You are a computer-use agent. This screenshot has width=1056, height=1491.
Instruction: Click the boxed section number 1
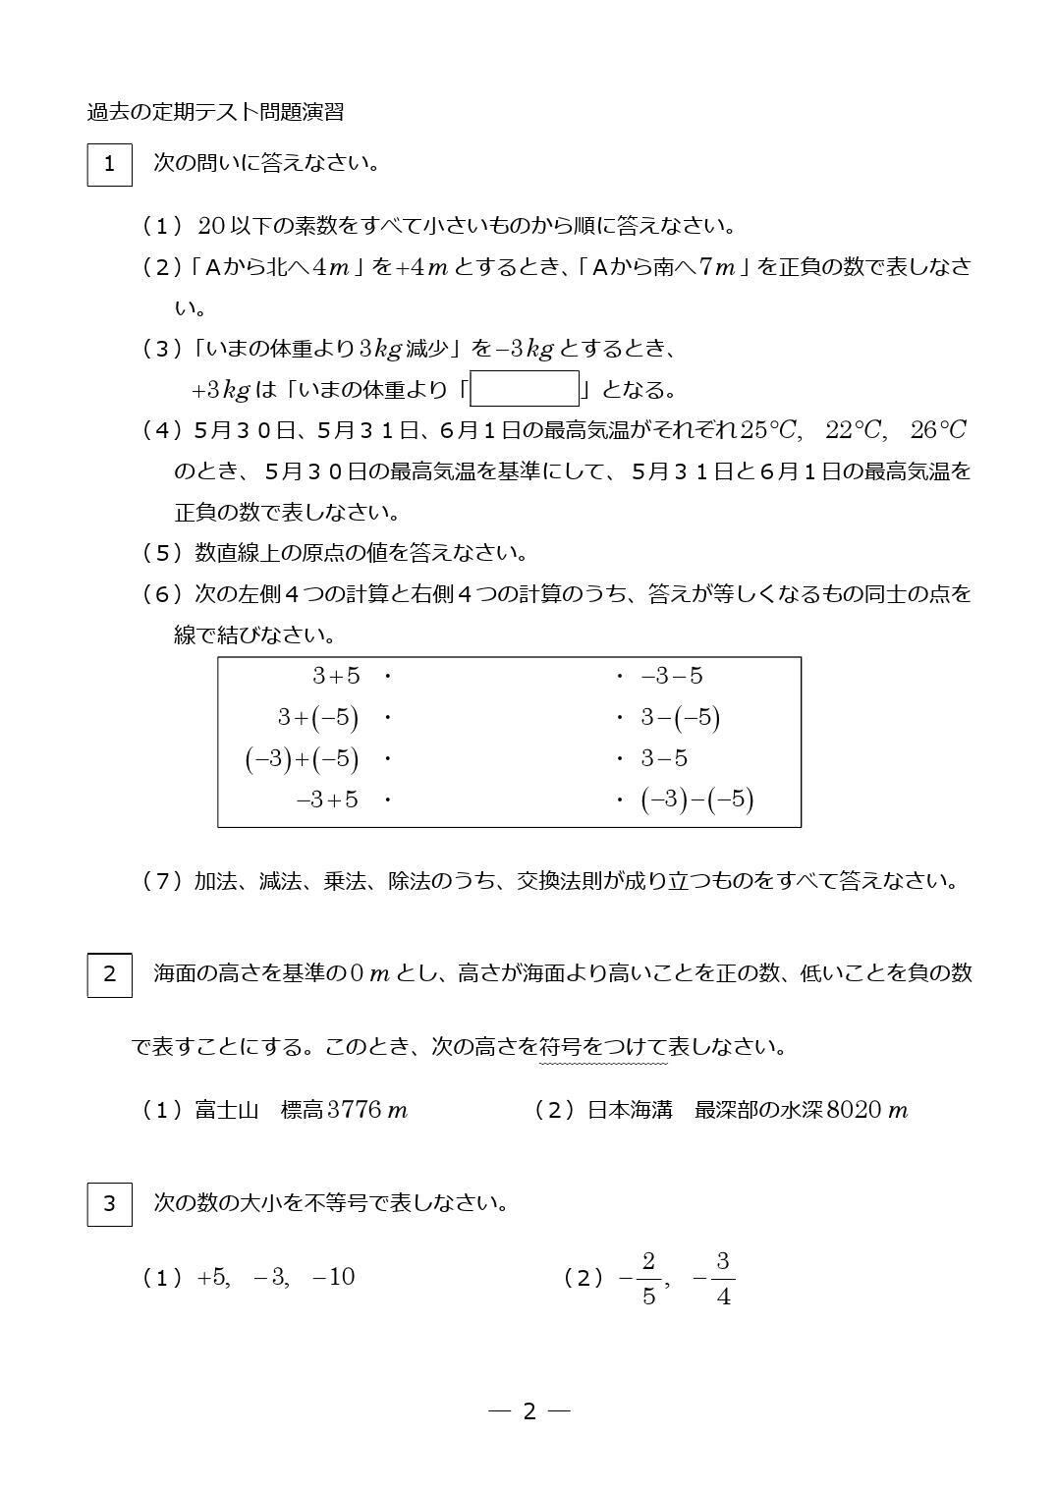pyautogui.click(x=109, y=164)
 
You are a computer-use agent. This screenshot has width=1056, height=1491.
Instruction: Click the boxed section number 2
pyautogui.click(x=109, y=974)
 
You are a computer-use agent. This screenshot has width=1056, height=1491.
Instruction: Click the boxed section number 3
pyautogui.click(x=109, y=1203)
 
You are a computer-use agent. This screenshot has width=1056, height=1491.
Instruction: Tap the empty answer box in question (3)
pyautogui.click(x=525, y=389)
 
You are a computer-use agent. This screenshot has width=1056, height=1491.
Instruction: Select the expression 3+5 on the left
pyautogui.click(x=336, y=676)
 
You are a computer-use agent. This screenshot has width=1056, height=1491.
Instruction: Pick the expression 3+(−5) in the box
pyautogui.click(x=317, y=718)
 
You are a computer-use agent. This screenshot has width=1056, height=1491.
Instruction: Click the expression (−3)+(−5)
pyautogui.click(x=302, y=759)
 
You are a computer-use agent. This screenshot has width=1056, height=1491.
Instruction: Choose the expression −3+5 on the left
pyautogui.click(x=327, y=800)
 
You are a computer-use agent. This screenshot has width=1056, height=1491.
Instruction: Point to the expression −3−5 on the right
pyautogui.click(x=672, y=676)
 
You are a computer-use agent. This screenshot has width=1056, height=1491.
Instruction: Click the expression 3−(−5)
pyautogui.click(x=681, y=718)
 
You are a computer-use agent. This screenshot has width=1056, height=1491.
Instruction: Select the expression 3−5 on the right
pyautogui.click(x=664, y=758)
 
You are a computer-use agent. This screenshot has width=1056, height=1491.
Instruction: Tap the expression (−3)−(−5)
pyautogui.click(x=696, y=800)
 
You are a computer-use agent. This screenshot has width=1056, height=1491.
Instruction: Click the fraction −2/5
pyautogui.click(x=639, y=1278)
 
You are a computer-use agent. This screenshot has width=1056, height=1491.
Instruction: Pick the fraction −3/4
pyautogui.click(x=714, y=1278)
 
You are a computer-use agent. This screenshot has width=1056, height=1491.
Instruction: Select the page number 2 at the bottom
pyautogui.click(x=529, y=1411)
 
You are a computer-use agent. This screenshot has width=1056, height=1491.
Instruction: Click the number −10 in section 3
pyautogui.click(x=333, y=1277)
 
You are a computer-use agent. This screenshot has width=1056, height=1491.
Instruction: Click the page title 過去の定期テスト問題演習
pyautogui.click(x=215, y=112)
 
